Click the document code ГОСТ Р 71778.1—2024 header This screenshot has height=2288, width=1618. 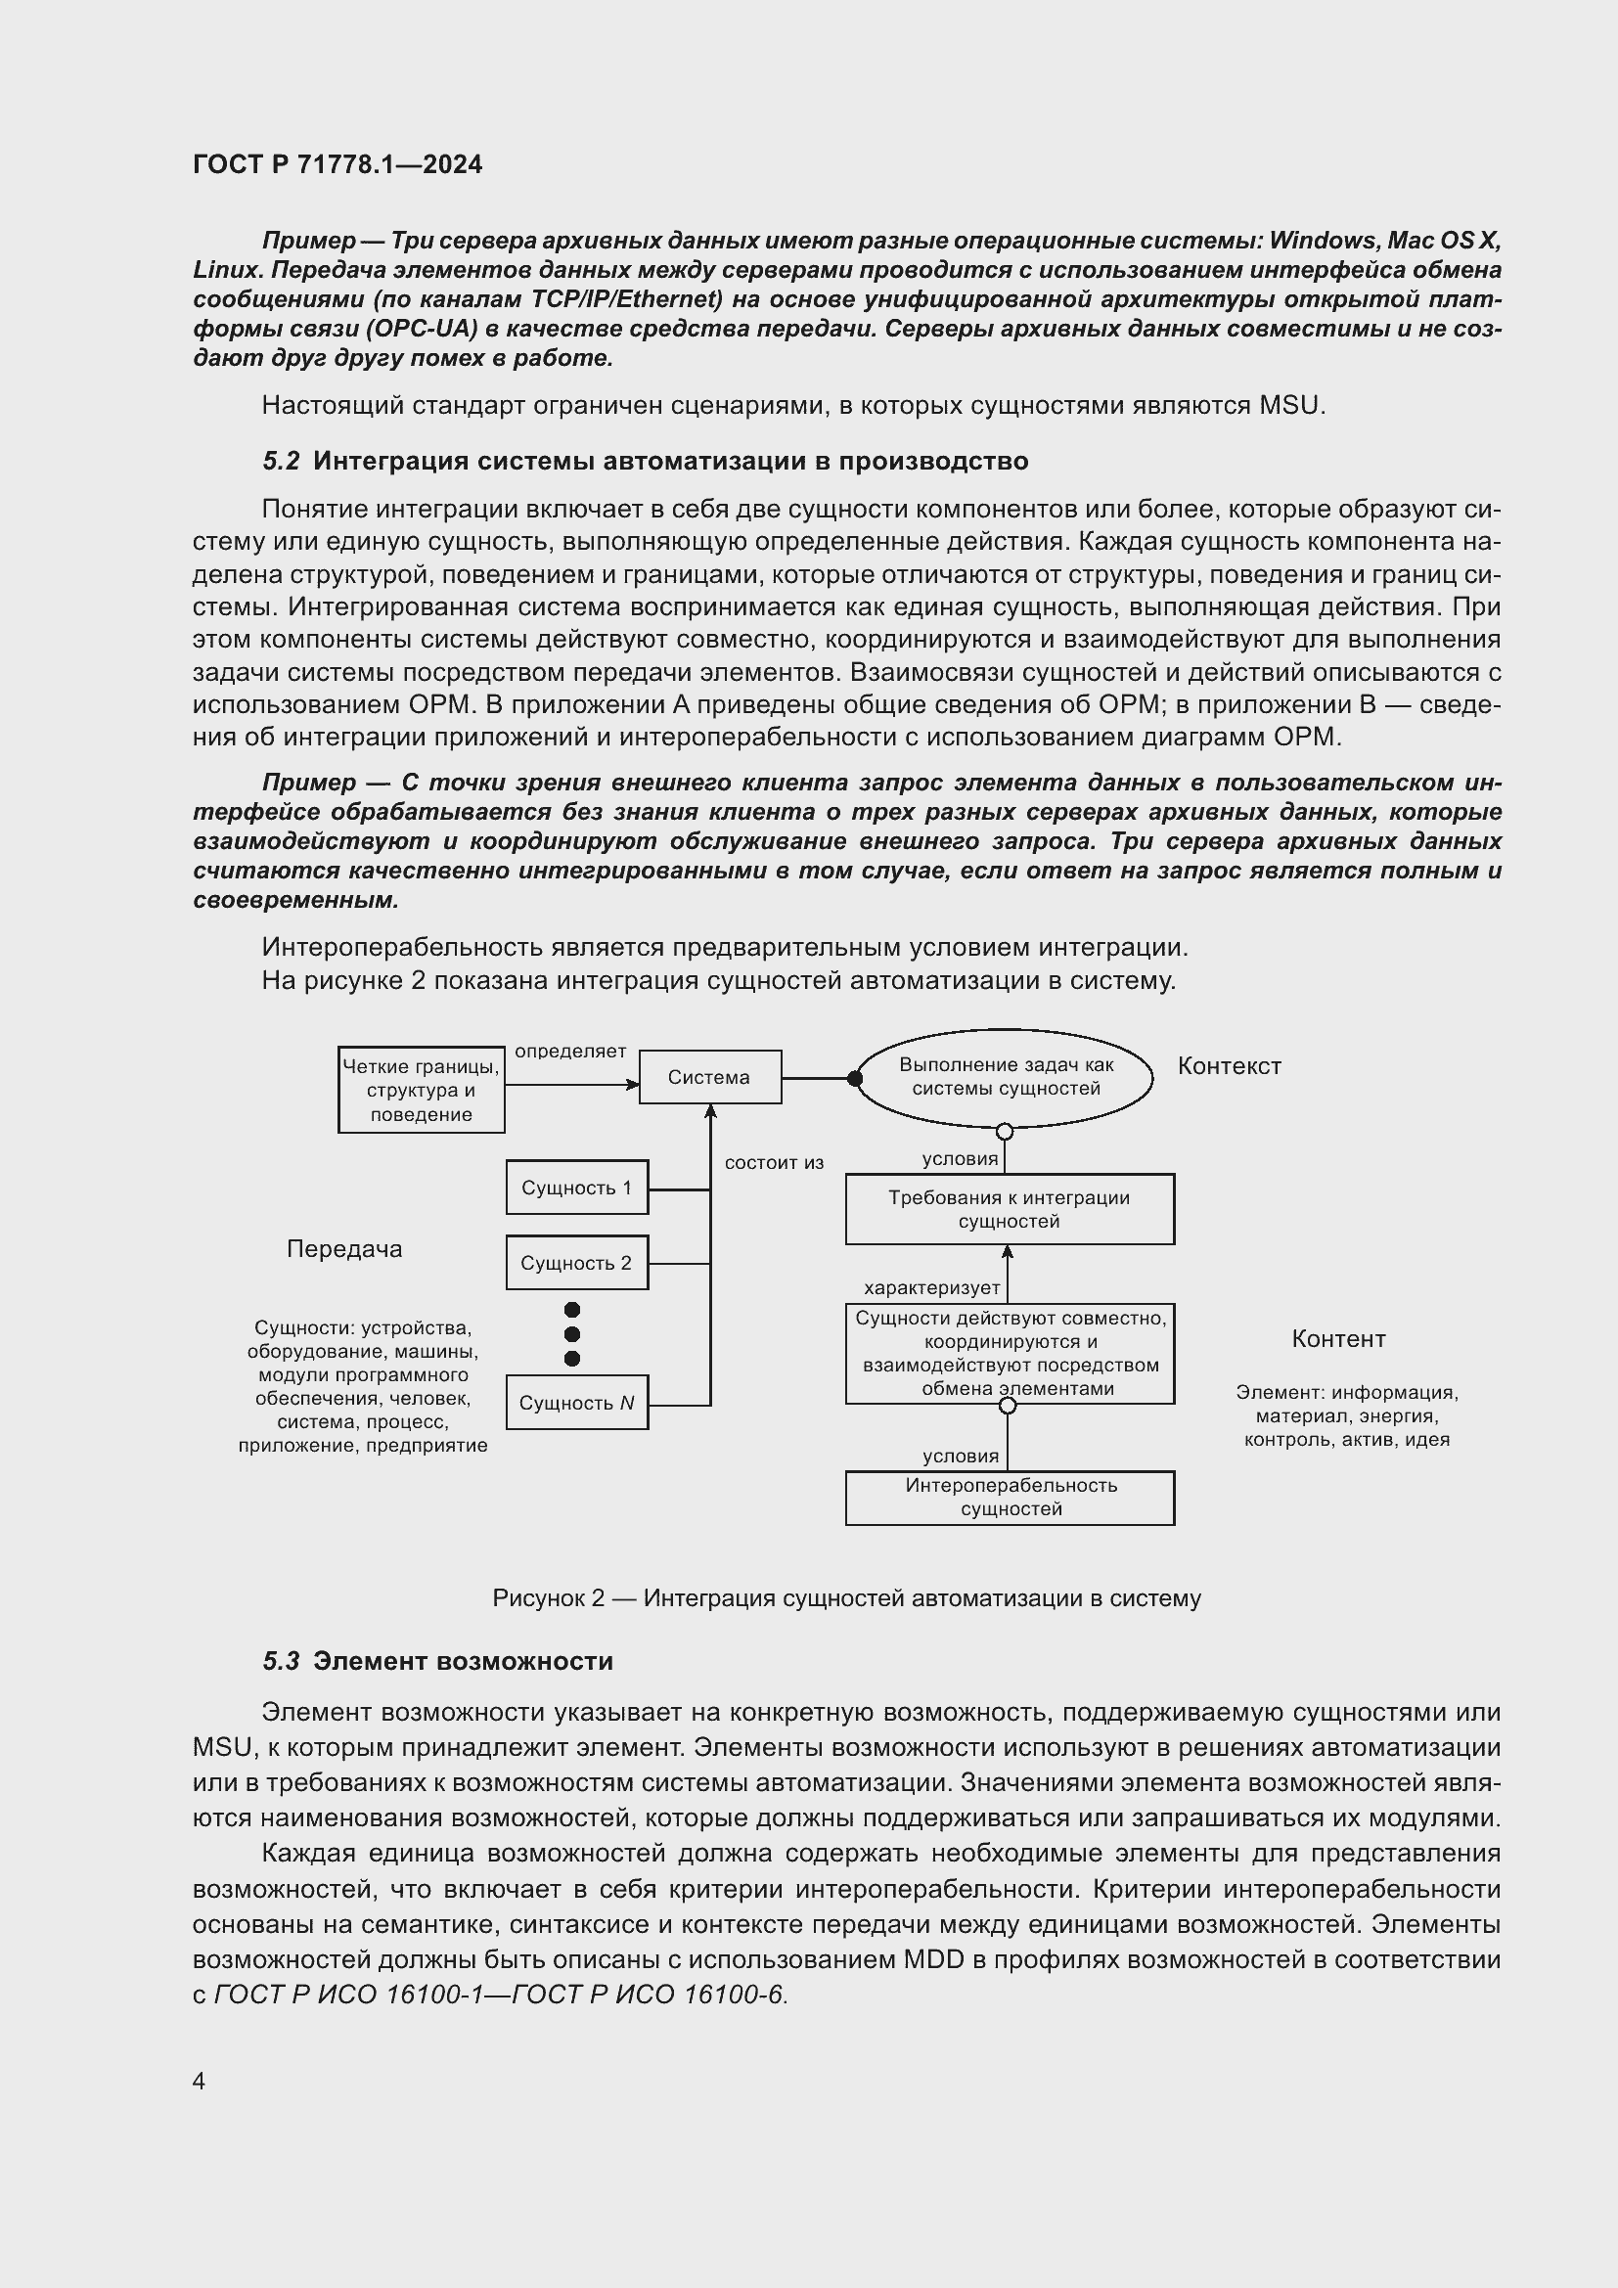coord(337,164)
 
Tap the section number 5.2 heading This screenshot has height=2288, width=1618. coord(281,462)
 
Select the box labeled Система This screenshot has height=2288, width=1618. coord(709,1077)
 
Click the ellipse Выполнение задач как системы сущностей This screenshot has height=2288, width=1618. coord(1006,1077)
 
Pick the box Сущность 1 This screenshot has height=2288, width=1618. coord(577,1188)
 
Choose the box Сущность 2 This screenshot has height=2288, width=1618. coord(577,1263)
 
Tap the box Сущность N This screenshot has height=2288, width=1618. coord(577,1403)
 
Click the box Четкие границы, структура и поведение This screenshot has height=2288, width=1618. coord(422,1090)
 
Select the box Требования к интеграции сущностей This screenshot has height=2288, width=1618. coord(1010,1210)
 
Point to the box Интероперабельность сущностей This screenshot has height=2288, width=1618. coord(1010,1497)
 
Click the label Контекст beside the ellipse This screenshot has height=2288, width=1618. coord(1229,1066)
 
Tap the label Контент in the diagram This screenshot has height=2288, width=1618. coord(1338,1339)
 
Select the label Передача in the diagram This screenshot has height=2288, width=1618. coord(344,1249)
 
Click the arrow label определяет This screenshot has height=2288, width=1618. coord(570,1052)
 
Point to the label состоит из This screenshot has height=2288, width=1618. coord(774,1163)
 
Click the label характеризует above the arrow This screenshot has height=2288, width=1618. coord(931,1287)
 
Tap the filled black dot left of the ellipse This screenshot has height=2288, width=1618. coord(854,1078)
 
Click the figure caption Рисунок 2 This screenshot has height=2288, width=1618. coord(846,1598)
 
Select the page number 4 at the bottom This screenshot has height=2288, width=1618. coord(200,2081)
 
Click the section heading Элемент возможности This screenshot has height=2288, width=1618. coord(463,1661)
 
